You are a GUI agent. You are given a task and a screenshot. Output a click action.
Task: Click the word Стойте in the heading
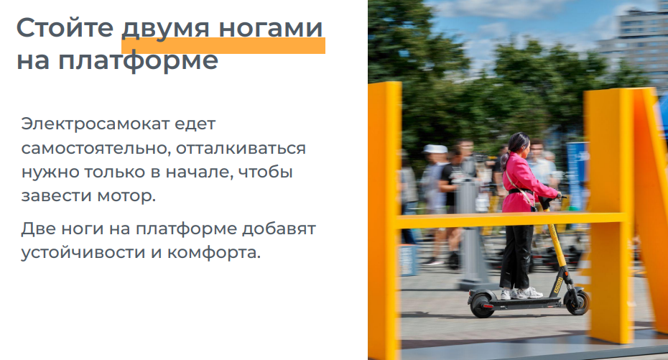tap(65, 28)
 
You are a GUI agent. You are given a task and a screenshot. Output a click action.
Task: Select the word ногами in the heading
tap(271, 28)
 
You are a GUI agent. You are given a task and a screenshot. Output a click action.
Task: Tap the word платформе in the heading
tap(138, 61)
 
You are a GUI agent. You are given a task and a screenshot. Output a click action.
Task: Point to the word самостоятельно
tap(96, 148)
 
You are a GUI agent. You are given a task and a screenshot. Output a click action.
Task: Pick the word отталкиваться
tap(241, 148)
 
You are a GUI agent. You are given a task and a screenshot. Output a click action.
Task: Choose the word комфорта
tap(213, 253)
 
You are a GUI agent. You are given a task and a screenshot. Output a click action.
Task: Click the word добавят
tap(279, 229)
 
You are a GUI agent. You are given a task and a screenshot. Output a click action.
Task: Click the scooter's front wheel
tap(577, 302)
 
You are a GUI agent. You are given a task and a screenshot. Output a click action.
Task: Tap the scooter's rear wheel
tap(482, 304)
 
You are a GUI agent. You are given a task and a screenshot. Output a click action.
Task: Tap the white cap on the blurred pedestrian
tap(435, 149)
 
